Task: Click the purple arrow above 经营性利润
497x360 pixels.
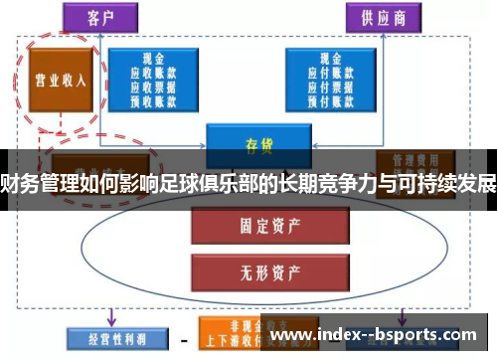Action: point(110,316)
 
